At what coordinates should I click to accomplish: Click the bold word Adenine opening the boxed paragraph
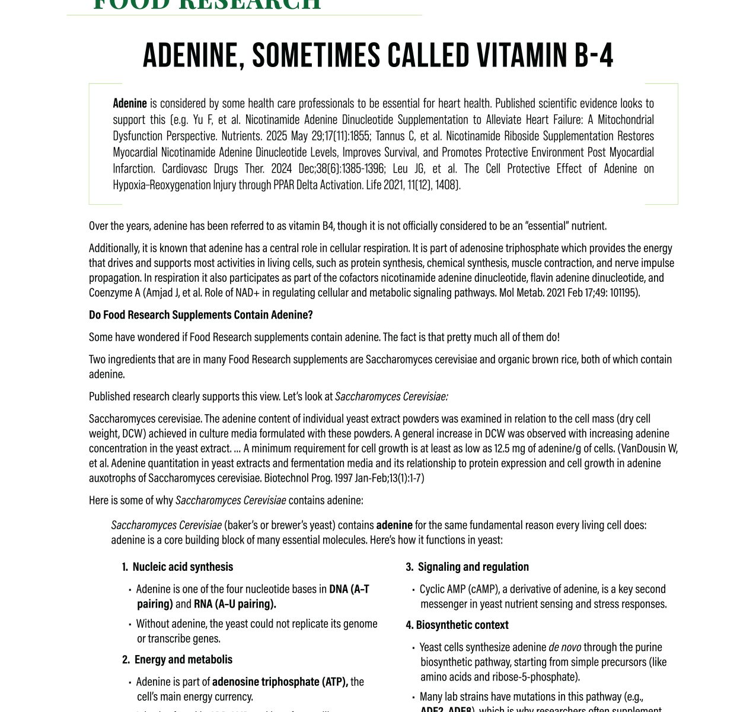[x=130, y=103]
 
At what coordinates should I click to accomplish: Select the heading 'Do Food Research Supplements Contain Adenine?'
[x=200, y=314]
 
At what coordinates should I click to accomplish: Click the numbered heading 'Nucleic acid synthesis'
[x=183, y=567]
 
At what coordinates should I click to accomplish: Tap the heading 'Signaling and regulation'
[x=473, y=567]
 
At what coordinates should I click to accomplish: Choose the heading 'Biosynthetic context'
[x=462, y=625]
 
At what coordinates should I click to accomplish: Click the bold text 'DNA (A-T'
[x=349, y=589]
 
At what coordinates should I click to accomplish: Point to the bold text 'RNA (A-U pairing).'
[x=235, y=604]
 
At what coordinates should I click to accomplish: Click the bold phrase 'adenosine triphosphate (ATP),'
[x=280, y=682]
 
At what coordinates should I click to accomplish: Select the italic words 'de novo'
[x=564, y=647]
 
